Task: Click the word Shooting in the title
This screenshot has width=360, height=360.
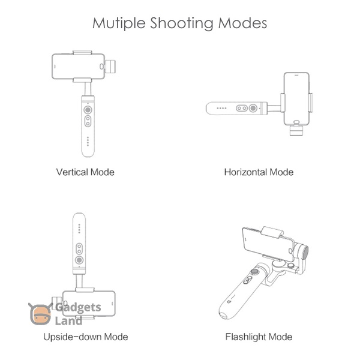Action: coord(181,23)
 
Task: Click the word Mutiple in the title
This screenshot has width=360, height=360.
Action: coord(119,23)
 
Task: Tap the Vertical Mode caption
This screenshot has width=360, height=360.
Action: coord(85,172)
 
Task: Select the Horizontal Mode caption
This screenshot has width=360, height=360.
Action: coord(259,172)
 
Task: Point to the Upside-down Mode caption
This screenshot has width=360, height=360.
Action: coord(86,337)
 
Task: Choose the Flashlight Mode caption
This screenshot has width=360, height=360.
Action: coord(259,337)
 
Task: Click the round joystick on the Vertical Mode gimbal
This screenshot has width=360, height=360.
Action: coord(88,110)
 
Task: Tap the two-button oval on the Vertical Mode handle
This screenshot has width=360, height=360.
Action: coord(88,121)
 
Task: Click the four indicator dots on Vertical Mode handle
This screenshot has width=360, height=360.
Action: coord(88,141)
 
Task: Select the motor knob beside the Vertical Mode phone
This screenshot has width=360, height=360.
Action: coord(110,67)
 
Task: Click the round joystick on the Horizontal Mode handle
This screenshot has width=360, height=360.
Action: coord(253,108)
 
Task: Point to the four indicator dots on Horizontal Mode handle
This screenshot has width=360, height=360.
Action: coord(221,108)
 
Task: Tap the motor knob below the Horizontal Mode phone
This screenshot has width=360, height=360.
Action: coord(296,130)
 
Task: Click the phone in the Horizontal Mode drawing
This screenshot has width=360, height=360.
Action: coord(296,99)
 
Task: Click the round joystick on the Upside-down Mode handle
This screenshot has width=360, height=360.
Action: coord(79,260)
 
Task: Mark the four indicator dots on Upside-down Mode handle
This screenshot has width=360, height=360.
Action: coord(79,229)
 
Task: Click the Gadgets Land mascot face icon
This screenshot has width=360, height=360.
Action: coord(40,314)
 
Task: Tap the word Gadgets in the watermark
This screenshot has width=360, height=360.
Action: coord(78,308)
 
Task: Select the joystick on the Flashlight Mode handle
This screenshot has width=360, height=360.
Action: coord(254,272)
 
